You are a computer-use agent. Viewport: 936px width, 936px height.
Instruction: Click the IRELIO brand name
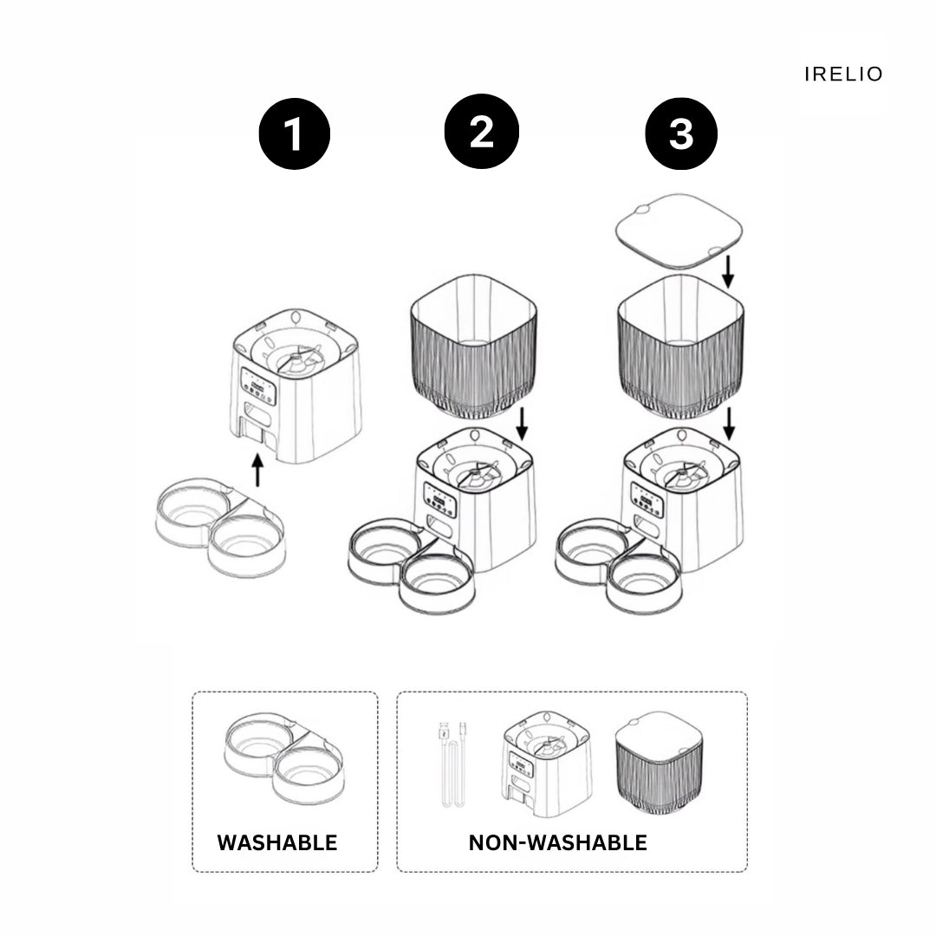pyautogui.click(x=843, y=75)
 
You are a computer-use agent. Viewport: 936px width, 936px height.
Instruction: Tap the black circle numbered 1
pyautogui.click(x=295, y=135)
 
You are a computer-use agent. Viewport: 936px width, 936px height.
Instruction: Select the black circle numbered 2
pyautogui.click(x=481, y=132)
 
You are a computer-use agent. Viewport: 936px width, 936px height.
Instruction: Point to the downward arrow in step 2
pyautogui.click(x=522, y=423)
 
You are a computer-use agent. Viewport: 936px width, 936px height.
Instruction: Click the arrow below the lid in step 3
pyautogui.click(x=728, y=270)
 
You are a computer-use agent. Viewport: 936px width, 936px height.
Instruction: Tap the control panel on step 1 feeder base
pyautogui.click(x=258, y=387)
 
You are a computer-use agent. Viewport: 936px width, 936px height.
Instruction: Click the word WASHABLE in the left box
pyautogui.click(x=277, y=842)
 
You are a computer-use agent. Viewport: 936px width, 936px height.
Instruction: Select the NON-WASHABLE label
pyautogui.click(x=557, y=842)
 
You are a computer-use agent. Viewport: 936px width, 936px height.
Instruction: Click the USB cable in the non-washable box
pyautogui.click(x=451, y=763)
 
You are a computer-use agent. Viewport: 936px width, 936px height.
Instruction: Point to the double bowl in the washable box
pyautogui.click(x=283, y=757)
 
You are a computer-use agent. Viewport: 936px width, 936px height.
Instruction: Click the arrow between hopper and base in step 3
pyautogui.click(x=729, y=423)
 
